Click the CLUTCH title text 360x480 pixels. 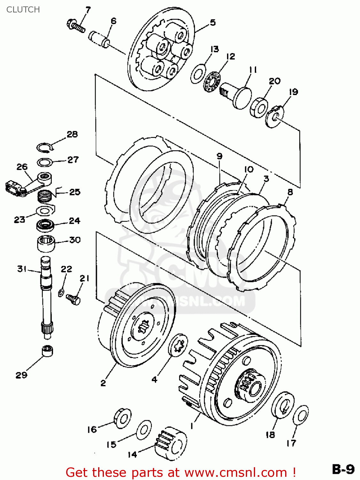(23, 10)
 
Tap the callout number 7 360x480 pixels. (88, 10)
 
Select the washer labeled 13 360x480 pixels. (198, 74)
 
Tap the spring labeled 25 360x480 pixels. (45, 196)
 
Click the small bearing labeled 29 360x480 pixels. (47, 351)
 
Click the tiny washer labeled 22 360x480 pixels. (61, 292)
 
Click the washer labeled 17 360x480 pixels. (301, 415)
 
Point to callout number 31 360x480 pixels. (22, 269)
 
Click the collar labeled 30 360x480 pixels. (46, 244)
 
